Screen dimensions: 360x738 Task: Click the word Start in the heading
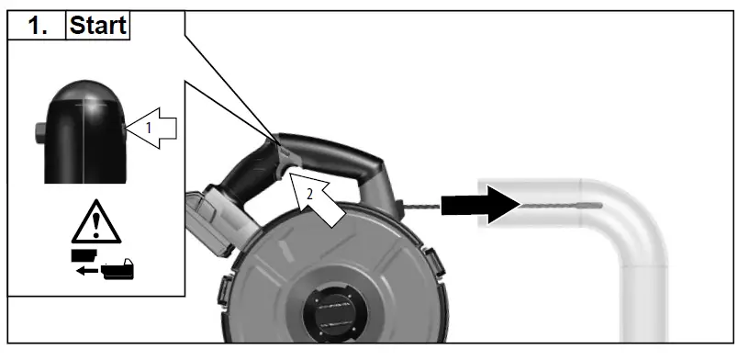(x=97, y=25)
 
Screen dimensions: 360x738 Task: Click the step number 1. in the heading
(x=39, y=25)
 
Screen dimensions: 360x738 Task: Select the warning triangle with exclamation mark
(x=95, y=221)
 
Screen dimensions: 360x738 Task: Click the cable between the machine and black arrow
(x=423, y=206)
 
